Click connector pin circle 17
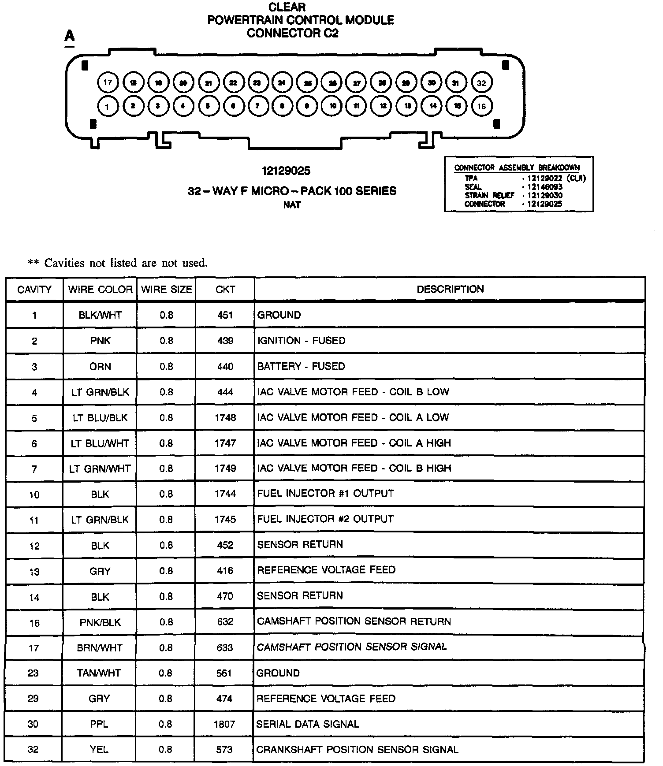pos(108,82)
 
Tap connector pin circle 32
pos(481,83)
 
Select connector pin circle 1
pos(107,106)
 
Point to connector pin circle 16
pos(481,106)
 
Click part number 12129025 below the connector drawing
pos(286,171)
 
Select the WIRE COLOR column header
pos(100,290)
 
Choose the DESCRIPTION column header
pos(450,289)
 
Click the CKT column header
pos(225,290)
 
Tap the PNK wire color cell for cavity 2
pos(100,341)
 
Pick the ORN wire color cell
pos(100,366)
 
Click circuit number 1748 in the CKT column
pos(225,417)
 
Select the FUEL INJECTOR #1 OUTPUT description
pos(325,493)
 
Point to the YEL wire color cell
pos(99,749)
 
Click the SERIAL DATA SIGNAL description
pos(308,724)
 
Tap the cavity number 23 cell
pos(34,673)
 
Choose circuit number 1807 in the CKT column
pos(224,724)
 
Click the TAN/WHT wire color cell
pos(99,673)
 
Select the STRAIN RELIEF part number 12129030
pos(545,195)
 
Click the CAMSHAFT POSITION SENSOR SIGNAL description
pos(352,647)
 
